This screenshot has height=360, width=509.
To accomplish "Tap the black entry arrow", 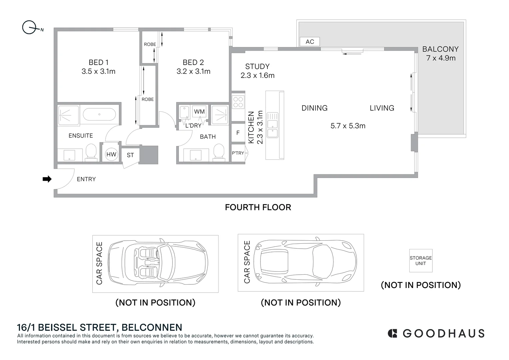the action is pos(47,179).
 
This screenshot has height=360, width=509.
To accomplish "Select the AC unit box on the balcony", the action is pos(310,42).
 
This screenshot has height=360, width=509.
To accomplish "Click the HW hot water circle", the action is pos(111,154).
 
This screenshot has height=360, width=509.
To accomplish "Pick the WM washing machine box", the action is pos(199,111).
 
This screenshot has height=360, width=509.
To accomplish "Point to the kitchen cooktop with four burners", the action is pos(238,102).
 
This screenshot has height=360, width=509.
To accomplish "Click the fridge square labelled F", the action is pos(238,133).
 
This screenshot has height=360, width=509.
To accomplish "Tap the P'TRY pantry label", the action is pos(238,153).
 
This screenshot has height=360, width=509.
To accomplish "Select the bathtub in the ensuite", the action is pos(99,114).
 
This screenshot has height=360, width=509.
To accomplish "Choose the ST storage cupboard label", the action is pos(130,155).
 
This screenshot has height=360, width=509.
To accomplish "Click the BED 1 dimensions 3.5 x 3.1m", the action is pos(98,71).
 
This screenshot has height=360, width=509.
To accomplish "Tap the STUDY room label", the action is pos(257,66).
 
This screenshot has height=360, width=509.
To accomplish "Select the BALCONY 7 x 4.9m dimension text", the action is pos(441,58).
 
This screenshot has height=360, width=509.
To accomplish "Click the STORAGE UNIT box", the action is pos(421,261).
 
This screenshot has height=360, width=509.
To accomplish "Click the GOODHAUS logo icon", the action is pos(392,333).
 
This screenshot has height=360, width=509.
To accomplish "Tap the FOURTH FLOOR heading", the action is pos(258,207).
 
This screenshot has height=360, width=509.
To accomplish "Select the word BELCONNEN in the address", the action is pos(152,327).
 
